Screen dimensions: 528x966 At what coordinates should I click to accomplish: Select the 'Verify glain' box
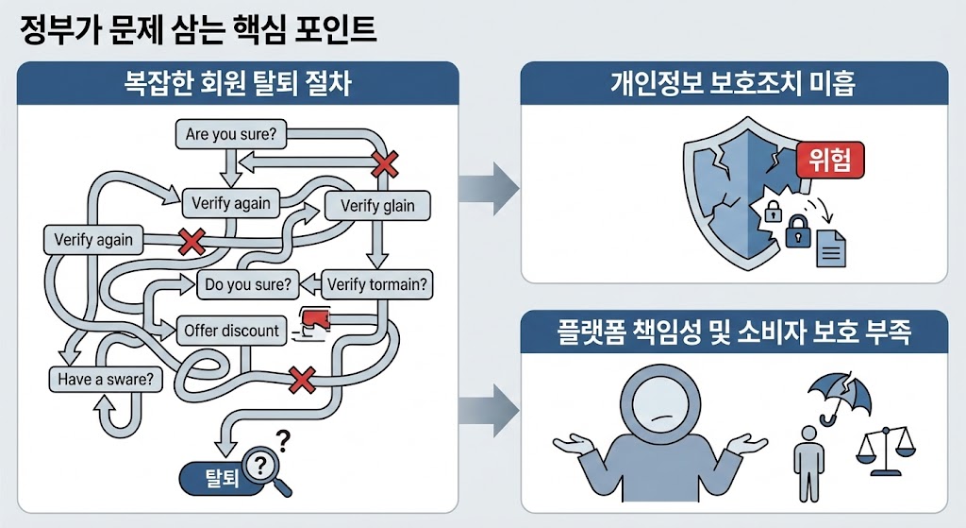pyautogui.click(x=377, y=206)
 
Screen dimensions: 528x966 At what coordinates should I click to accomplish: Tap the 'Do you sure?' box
pyautogui.click(x=247, y=282)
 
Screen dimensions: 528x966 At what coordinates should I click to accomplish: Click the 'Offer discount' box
pyautogui.click(x=232, y=331)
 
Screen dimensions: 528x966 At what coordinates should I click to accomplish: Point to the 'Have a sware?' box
pyautogui.click(x=104, y=380)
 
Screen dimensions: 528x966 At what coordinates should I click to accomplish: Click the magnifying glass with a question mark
pyautogui.click(x=265, y=468)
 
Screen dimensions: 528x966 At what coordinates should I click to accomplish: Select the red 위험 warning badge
pyautogui.click(x=830, y=161)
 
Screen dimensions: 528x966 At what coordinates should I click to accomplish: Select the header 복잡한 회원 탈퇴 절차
pyautogui.click(x=238, y=83)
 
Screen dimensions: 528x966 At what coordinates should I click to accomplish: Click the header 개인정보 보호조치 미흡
pyautogui.click(x=733, y=83)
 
